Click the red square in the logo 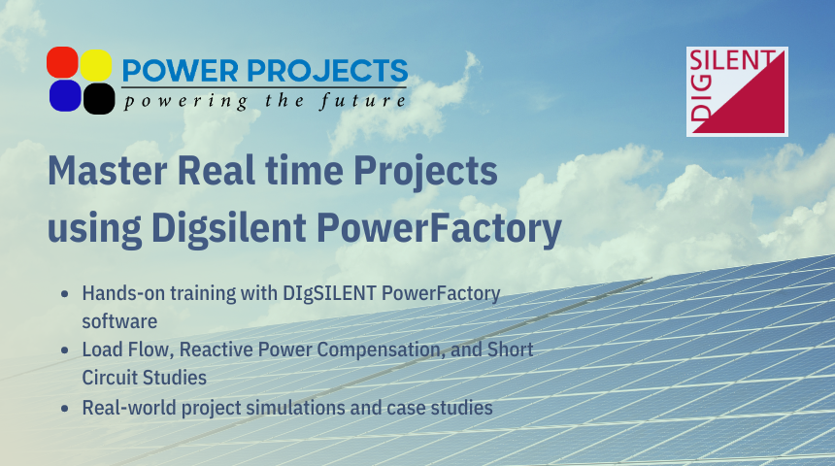[63, 64]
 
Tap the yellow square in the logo [96, 64]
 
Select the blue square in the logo [64, 96]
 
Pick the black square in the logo [98, 98]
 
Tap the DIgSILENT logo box [737, 91]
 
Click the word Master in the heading [103, 173]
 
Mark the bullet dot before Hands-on [64, 294]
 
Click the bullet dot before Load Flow [64, 349]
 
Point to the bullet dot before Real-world [64, 408]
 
